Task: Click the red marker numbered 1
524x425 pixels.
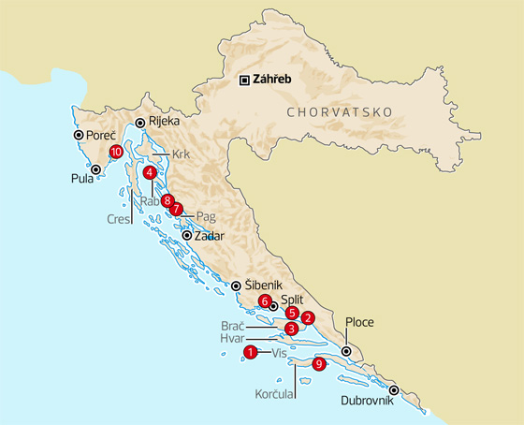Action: [249, 352]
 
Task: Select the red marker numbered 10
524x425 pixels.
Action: [116, 151]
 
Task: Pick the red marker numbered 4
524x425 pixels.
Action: [150, 172]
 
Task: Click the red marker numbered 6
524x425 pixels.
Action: [266, 301]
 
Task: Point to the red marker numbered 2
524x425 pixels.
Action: [309, 317]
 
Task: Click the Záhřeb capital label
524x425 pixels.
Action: [273, 80]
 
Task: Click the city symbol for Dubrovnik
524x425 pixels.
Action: [395, 390]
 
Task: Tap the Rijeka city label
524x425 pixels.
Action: [165, 122]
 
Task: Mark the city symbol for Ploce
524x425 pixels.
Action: [347, 352]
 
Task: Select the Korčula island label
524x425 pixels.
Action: [275, 395]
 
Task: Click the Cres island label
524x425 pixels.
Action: [118, 220]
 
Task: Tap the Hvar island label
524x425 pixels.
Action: [233, 338]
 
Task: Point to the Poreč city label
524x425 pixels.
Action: [100, 136]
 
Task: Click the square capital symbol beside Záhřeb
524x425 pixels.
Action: [244, 80]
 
